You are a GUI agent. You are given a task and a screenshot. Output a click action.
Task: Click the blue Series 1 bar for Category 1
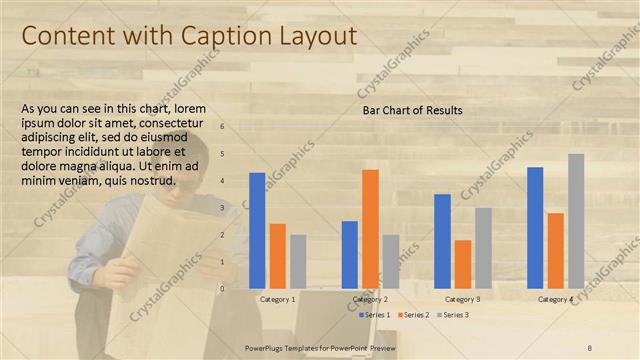(257, 230)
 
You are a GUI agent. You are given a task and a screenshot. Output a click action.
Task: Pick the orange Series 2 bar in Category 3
(463, 263)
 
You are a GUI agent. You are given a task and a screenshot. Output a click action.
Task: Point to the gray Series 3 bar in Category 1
(298, 261)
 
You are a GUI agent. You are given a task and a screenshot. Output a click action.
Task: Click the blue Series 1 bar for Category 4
(535, 227)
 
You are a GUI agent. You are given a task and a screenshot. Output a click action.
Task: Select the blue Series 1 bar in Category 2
(350, 254)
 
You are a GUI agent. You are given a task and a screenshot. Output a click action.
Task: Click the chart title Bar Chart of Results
(412, 110)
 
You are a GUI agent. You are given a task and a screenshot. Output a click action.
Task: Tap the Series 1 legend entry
(376, 315)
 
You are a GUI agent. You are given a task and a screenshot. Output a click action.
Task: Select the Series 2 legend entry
(415, 315)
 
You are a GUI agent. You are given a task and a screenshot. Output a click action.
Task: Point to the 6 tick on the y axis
(223, 127)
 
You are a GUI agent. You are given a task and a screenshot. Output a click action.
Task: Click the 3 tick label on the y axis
(223, 208)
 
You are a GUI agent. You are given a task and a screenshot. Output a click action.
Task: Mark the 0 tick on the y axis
(223, 288)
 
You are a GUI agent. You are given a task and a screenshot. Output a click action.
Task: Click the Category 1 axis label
(278, 299)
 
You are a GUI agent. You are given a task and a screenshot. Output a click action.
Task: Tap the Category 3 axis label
(463, 299)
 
